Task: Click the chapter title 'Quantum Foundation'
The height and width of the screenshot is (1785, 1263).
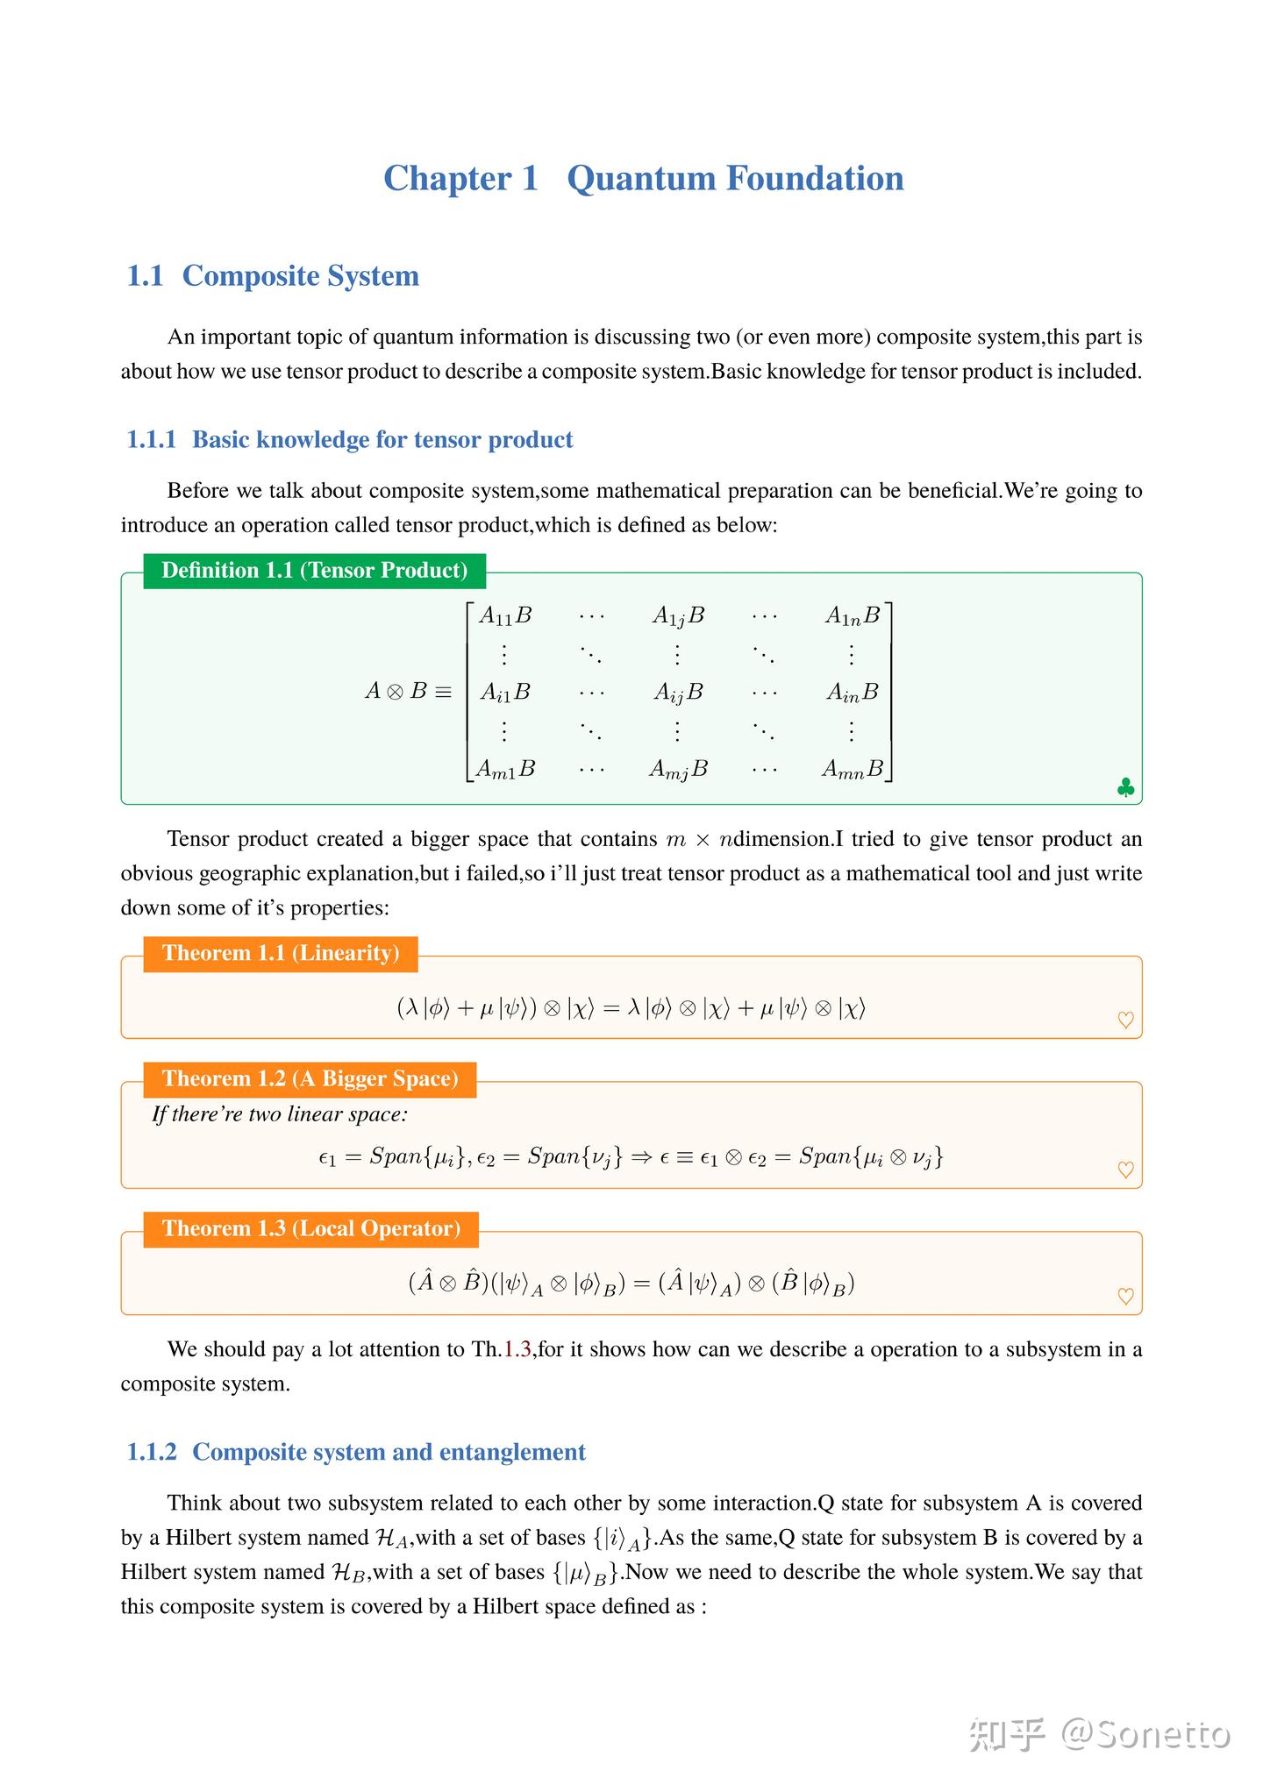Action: tap(735, 179)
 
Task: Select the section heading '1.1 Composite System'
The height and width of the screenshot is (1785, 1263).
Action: tap(273, 276)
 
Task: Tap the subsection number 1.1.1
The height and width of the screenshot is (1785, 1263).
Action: tap(152, 440)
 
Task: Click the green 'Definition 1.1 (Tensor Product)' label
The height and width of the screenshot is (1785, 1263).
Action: tap(314, 571)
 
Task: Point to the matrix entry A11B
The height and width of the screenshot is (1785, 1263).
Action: tap(505, 616)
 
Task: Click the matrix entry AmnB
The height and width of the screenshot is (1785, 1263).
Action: tap(853, 770)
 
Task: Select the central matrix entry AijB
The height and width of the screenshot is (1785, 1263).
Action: tap(678, 693)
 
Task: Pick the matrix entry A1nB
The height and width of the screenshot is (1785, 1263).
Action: tap(853, 616)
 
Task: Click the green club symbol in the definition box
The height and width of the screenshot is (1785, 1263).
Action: tap(1125, 788)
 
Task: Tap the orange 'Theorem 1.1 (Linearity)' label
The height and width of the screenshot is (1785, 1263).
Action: tap(281, 954)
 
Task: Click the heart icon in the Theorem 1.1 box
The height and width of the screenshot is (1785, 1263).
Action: tap(1125, 1020)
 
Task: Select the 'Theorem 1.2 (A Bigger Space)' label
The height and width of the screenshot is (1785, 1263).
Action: tap(310, 1079)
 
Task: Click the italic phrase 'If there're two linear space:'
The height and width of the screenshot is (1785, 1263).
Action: tap(280, 1115)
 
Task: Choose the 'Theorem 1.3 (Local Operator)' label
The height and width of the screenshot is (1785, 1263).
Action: tap(311, 1229)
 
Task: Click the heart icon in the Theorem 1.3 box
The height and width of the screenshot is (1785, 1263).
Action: tap(1125, 1296)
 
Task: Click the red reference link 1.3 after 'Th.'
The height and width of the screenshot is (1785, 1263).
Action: tap(517, 1349)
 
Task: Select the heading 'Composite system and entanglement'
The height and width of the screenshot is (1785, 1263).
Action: tap(389, 1453)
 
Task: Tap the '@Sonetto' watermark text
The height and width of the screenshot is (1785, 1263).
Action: tap(1145, 1734)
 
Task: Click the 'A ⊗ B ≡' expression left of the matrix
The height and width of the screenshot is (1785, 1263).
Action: tap(408, 692)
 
